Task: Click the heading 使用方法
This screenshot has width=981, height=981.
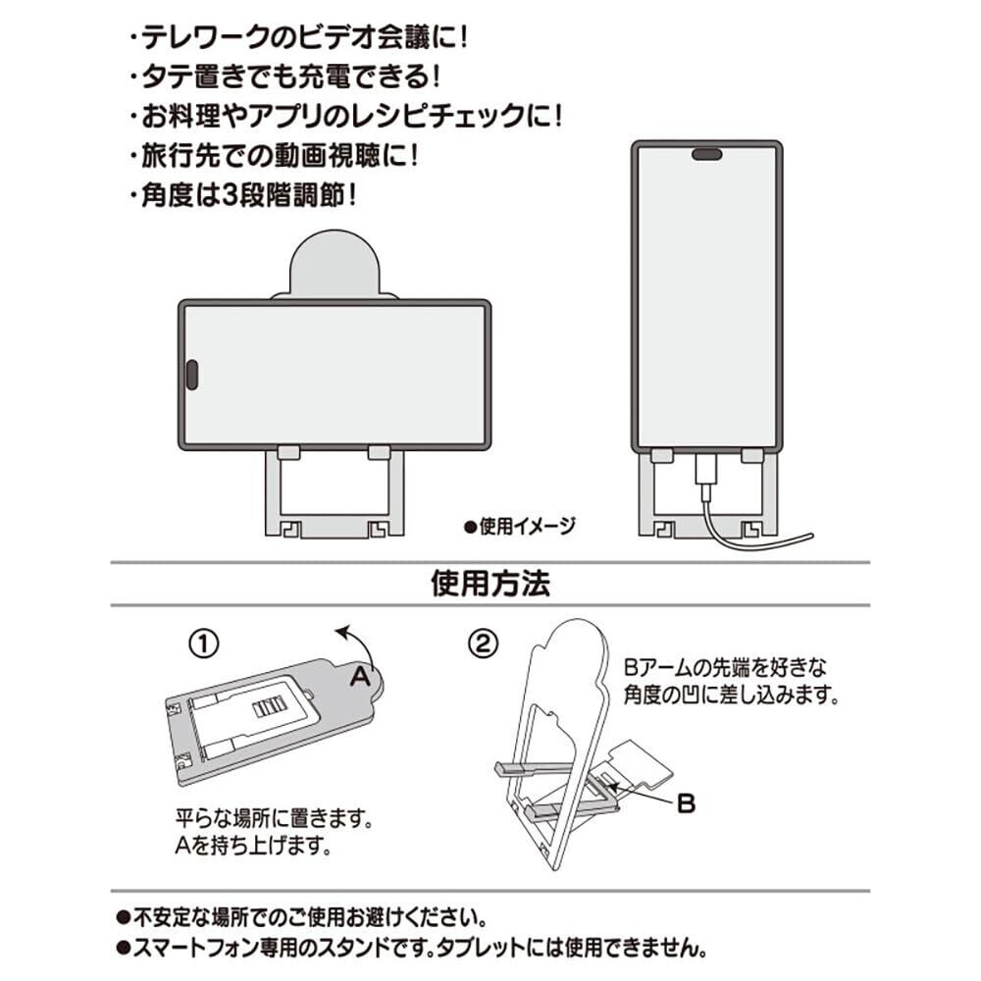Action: point(490,585)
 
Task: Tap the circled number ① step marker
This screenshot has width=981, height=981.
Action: point(202,645)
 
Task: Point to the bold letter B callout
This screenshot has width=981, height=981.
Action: point(687,803)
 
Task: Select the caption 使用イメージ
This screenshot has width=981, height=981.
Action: point(520,525)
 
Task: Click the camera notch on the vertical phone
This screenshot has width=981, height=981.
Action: point(706,154)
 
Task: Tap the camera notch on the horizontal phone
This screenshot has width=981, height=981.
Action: point(192,374)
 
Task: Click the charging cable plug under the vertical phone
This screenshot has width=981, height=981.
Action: point(706,475)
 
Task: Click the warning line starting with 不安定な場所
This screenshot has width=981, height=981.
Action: point(303,918)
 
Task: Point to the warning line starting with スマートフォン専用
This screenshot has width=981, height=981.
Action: point(412,949)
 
